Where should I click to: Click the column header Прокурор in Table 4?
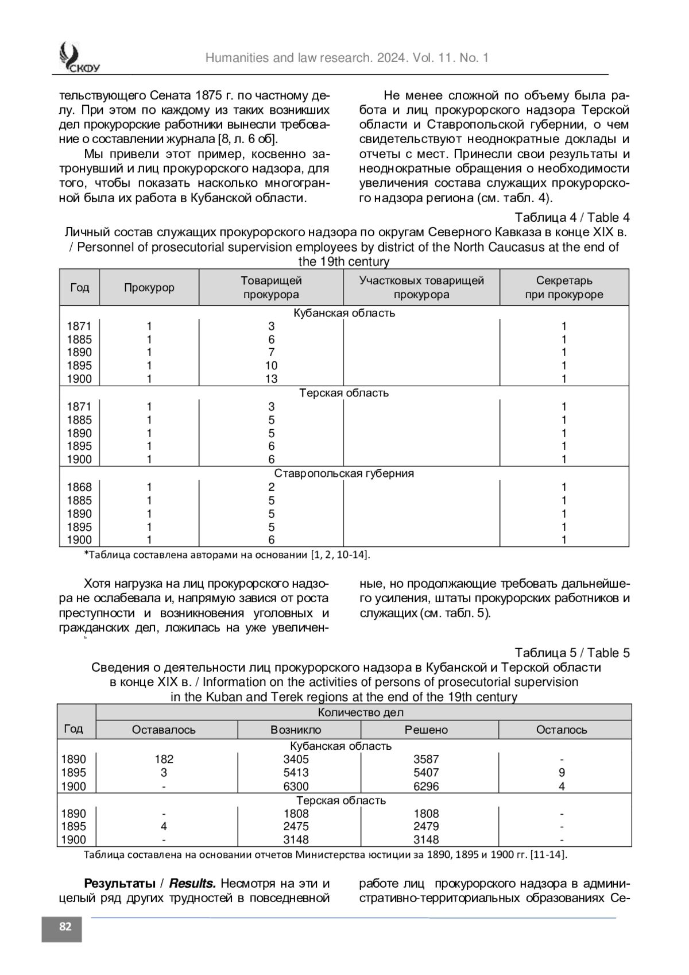pos(149,287)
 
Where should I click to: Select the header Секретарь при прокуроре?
pos(564,287)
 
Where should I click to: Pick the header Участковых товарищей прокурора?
pos(421,287)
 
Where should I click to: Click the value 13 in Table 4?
pos(271,379)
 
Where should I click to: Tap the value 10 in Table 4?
pos(271,366)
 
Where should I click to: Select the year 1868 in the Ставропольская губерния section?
pos(79,487)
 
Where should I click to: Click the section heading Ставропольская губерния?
pos(344,473)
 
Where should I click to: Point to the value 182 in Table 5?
pos(164,759)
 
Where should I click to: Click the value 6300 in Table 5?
pos(296,787)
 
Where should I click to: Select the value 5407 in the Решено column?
pos(426,773)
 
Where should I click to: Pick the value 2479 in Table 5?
pos(426,826)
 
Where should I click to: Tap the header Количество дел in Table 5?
pos(361,712)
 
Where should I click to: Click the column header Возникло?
pos(296,730)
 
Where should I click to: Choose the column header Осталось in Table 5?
pos(562,730)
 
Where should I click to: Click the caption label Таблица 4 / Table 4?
pos(571,218)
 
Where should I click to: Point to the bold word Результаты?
pos(119,883)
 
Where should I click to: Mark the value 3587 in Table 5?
pos(426,759)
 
